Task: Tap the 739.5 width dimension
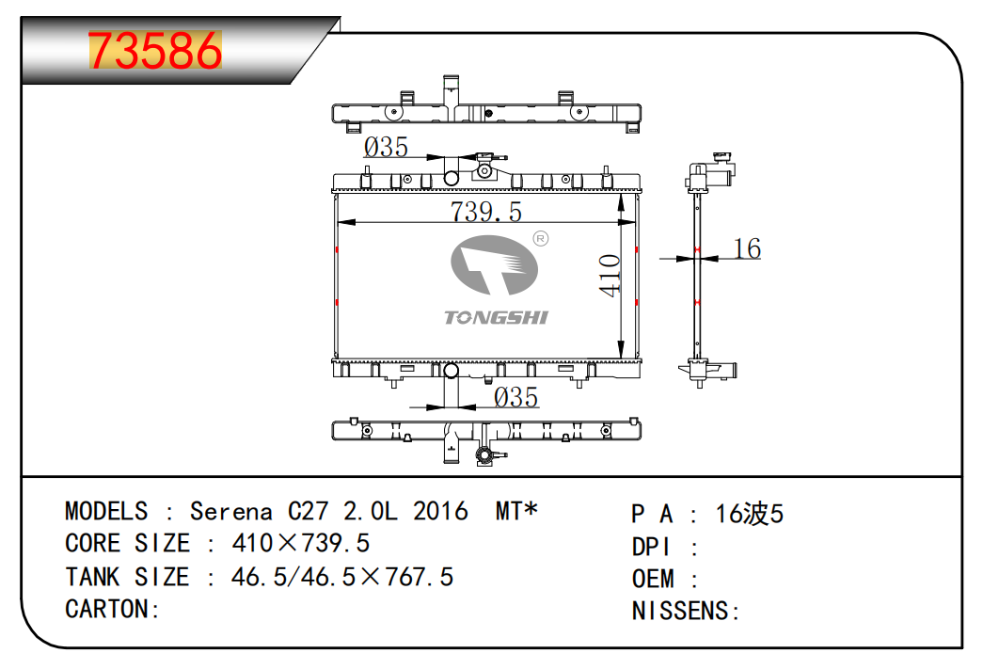point(485,211)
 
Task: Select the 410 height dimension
point(610,275)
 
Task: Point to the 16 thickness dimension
point(746,248)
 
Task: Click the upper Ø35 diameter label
point(386,147)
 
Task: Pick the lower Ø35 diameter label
point(516,397)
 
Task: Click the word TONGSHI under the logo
point(496,318)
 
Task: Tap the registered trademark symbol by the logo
point(540,238)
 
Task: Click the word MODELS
point(106,511)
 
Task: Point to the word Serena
point(230,511)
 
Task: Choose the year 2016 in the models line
point(440,511)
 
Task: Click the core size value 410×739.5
point(300,543)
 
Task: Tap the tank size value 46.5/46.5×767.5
point(342,576)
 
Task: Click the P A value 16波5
point(749,514)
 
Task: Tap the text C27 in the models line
point(309,511)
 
